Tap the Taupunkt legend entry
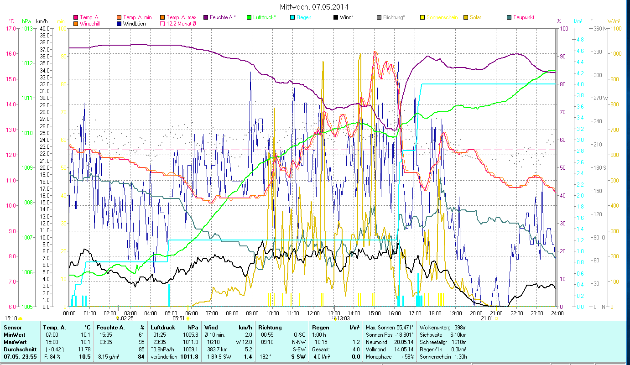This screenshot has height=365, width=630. point(523,17)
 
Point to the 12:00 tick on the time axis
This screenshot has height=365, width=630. point(313,313)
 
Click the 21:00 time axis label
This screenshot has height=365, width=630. point(496,313)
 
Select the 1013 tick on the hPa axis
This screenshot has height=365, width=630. point(26,28)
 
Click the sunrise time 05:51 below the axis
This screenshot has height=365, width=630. point(178,318)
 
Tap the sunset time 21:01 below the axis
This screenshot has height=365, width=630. point(487,318)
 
